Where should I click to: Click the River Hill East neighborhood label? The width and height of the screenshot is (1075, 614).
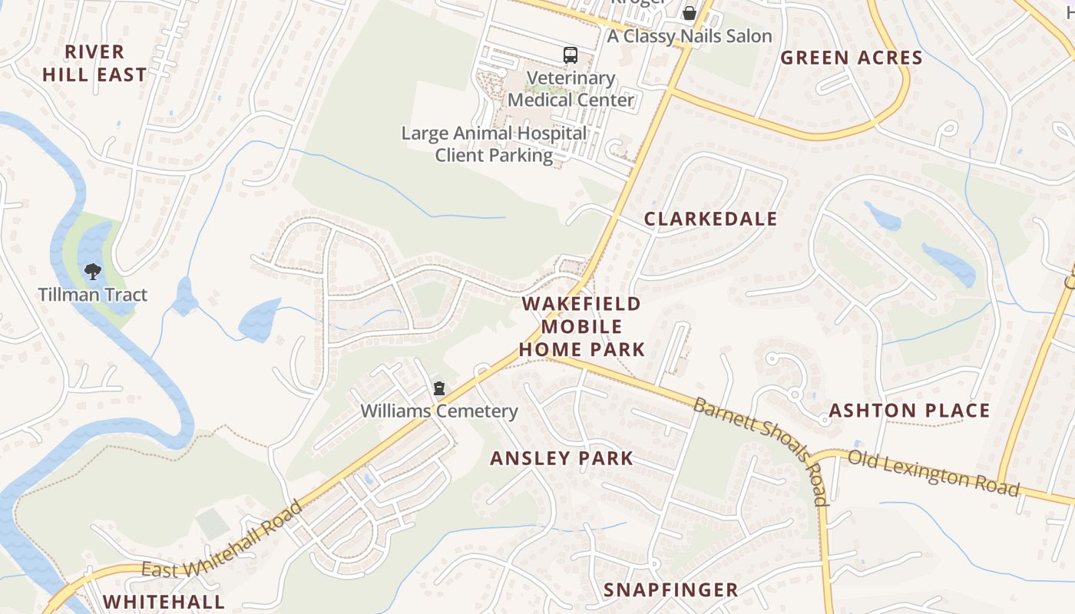point(94,63)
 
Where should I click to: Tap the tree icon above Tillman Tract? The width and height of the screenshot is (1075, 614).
point(93,271)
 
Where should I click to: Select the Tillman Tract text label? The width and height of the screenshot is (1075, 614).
point(93,295)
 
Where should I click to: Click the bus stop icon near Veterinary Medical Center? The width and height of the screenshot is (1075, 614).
point(570,54)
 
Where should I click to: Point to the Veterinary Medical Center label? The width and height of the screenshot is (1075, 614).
point(571,89)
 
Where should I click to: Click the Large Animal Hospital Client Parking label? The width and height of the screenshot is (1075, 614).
point(494,144)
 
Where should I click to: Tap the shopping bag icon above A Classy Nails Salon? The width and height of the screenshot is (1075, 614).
point(690,13)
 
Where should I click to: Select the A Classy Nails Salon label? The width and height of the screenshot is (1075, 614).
point(690,36)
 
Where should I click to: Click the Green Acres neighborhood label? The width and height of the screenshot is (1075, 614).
point(852,58)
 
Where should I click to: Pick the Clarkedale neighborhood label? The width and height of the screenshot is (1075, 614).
point(710,219)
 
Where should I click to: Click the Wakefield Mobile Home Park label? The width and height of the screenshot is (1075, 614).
point(581,326)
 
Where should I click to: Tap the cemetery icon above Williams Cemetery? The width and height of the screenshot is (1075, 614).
point(438,388)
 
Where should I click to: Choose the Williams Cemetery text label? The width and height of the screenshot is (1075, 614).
point(439,411)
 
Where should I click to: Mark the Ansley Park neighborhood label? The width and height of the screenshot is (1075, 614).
point(561,459)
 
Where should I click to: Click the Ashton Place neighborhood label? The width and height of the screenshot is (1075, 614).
point(909,411)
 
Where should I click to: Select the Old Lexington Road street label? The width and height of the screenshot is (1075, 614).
point(934,473)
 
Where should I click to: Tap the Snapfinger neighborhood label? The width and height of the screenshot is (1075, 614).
point(670,589)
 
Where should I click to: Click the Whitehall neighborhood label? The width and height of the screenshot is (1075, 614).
point(164,601)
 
